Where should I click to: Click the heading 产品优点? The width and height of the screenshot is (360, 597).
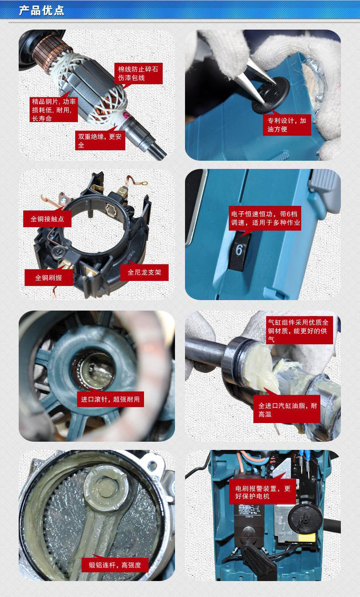coord(41,10)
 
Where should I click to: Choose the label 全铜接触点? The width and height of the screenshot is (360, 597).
coord(47,219)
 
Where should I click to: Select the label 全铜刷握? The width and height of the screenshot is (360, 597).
coord(49,277)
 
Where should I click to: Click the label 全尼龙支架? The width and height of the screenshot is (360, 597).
coord(144,272)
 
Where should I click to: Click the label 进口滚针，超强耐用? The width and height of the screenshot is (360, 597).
coord(110,399)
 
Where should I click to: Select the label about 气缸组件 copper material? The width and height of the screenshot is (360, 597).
coord(299,330)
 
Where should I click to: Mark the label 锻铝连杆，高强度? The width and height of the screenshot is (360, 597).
coord(115,565)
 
